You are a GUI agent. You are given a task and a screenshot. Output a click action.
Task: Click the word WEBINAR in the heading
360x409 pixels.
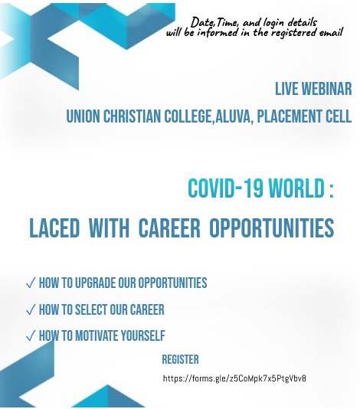click(326, 89)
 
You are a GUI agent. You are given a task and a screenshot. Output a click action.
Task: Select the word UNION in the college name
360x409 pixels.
click(83, 116)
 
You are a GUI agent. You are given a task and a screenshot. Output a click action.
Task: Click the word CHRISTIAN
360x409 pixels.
click(132, 116)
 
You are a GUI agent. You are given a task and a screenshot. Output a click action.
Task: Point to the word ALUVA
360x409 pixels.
click(234, 116)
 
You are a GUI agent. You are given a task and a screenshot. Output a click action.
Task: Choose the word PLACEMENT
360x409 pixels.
click(290, 116)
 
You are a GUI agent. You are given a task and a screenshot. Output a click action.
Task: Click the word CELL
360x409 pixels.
click(339, 116)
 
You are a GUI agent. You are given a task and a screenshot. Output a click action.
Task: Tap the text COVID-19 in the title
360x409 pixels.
click(225, 188)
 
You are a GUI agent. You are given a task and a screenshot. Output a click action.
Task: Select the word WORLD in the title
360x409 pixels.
click(296, 188)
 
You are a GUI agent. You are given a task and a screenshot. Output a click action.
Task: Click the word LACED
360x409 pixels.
click(54, 227)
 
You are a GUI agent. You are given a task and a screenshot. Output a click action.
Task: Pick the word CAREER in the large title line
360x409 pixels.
click(169, 227)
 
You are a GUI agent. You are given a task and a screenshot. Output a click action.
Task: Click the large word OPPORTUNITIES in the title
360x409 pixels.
click(272, 227)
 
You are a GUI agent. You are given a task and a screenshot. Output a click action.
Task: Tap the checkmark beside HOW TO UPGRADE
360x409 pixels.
click(31, 283)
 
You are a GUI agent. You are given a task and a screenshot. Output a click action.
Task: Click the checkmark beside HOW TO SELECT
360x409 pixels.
click(31, 310)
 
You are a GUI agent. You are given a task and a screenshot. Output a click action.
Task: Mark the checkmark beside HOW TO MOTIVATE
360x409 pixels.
click(31, 336)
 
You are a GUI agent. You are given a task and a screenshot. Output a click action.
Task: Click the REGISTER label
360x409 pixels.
click(180, 359)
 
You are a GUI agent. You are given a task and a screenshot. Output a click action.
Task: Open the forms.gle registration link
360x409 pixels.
click(234, 378)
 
